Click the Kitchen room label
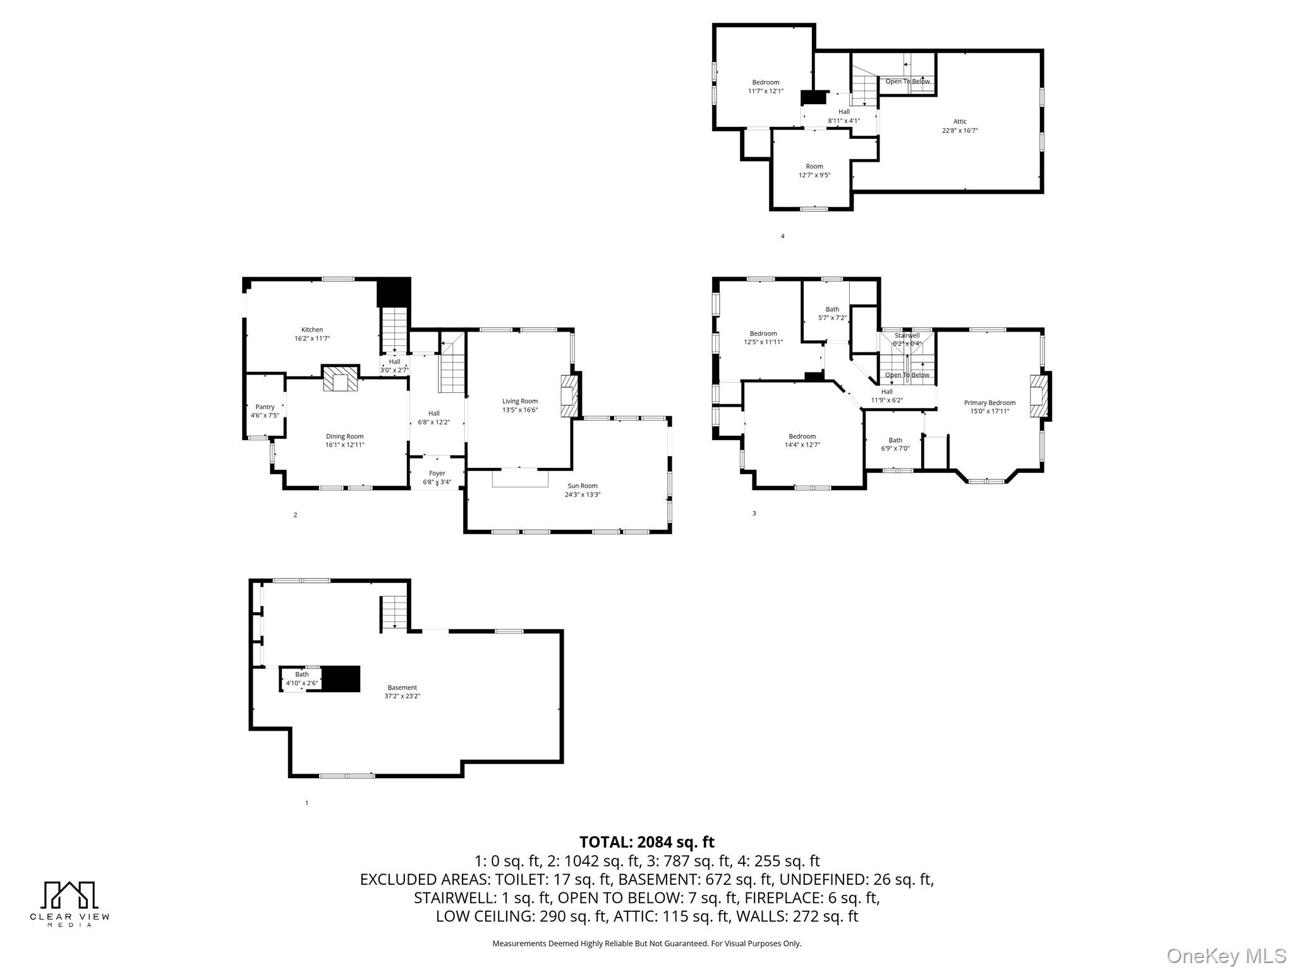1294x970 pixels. click(x=312, y=330)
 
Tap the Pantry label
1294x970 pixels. click(x=265, y=407)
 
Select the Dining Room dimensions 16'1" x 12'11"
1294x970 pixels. click(x=345, y=445)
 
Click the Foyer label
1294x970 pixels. click(x=437, y=473)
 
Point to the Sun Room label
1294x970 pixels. click(x=582, y=486)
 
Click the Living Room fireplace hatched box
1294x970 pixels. click(x=569, y=397)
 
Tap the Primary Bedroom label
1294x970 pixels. click(x=989, y=402)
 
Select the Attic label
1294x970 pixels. click(x=960, y=121)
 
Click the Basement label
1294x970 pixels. click(x=402, y=687)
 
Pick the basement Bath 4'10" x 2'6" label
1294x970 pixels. click(x=302, y=679)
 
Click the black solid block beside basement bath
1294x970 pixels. click(x=341, y=679)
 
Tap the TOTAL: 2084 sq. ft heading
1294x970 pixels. click(x=646, y=842)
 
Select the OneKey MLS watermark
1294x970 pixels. click(x=1226, y=955)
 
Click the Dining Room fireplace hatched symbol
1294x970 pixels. click(x=341, y=379)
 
